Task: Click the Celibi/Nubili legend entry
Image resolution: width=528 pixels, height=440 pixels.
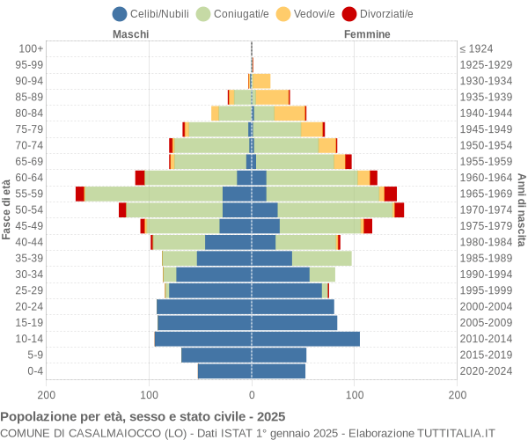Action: (x=156, y=13)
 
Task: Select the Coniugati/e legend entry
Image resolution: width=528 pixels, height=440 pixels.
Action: (x=233, y=13)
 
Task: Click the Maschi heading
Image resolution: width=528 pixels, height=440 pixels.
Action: (x=130, y=34)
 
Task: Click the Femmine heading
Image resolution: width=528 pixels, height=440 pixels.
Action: (x=367, y=34)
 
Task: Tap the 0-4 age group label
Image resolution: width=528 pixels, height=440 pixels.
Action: (x=34, y=371)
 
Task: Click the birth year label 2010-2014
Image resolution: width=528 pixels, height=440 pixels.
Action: (x=486, y=339)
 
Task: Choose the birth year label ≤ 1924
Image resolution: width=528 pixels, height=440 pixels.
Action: (x=476, y=48)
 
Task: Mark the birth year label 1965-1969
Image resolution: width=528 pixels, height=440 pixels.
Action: (x=486, y=194)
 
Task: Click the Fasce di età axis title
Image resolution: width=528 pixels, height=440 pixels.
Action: (x=7, y=209)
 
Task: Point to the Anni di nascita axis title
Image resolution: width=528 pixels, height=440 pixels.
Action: (x=521, y=209)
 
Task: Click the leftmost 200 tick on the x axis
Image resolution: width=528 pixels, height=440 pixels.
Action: (x=47, y=396)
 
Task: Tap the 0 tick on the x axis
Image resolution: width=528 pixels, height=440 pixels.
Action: (x=252, y=396)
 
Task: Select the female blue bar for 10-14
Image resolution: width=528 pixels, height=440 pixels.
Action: (x=305, y=339)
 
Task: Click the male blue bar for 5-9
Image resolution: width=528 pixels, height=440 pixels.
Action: (x=216, y=355)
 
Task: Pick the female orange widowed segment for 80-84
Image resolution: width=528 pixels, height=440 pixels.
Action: (x=290, y=113)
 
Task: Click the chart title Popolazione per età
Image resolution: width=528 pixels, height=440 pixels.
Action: (x=143, y=416)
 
